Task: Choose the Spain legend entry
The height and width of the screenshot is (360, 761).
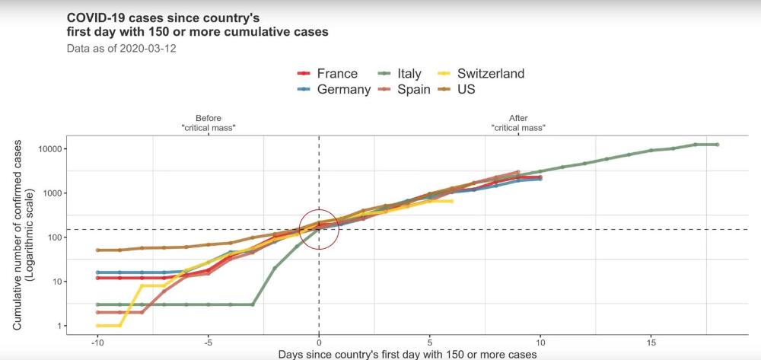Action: click(x=413, y=89)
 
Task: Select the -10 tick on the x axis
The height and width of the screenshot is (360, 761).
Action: click(x=97, y=342)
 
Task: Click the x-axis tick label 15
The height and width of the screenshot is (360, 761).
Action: click(x=651, y=342)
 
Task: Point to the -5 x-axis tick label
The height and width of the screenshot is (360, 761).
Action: click(x=207, y=342)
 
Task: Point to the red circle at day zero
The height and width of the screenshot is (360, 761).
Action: click(x=318, y=228)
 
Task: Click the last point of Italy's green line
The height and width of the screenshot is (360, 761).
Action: click(x=717, y=145)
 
